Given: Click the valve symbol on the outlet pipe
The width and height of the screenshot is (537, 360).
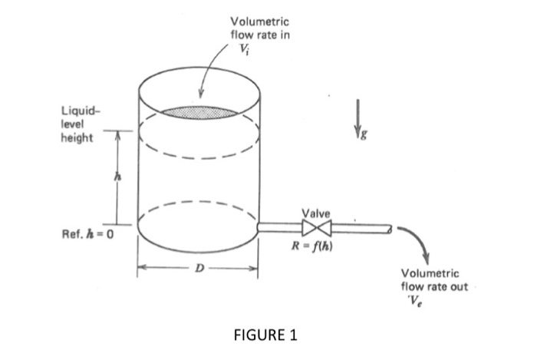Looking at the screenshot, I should pos(315,227).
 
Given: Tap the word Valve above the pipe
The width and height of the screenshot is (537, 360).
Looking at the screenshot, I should pos(316,213).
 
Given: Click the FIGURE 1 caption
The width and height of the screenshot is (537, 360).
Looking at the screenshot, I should pos(268,335).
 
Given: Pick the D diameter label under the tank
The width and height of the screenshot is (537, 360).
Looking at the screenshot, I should pos(198,269).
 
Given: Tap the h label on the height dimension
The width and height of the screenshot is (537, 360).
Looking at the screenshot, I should pos(118,176).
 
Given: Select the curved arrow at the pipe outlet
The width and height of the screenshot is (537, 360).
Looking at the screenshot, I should pos(412,241).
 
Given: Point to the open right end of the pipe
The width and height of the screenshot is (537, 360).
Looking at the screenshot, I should pos(390,228).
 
